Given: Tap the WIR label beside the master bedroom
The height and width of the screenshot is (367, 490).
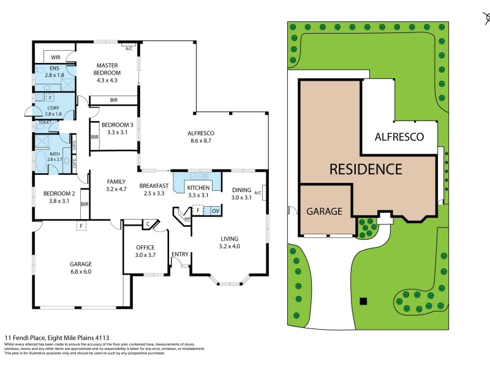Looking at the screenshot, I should point(56,57).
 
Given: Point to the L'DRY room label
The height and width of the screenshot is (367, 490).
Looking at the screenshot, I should point(54,108).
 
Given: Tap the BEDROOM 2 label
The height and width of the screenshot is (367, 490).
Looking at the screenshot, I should point(59,193).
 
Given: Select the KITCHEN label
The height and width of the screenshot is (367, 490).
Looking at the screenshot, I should point(198,188).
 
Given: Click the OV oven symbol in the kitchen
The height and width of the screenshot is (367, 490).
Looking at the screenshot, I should point(216,211).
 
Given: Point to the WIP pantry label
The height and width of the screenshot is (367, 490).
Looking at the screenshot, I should point(188,217).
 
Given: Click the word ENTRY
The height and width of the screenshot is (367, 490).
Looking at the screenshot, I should point(180,254).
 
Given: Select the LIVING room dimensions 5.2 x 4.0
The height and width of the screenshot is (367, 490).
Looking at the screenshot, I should point(230,247).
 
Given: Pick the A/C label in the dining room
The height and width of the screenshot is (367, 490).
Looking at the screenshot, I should point(258,193).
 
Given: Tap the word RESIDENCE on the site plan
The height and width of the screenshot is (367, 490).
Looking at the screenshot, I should point(366,169).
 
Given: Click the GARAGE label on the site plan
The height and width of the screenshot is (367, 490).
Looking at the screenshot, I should point(323,211).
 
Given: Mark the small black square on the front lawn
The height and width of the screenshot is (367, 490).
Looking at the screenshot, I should point(363,300).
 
